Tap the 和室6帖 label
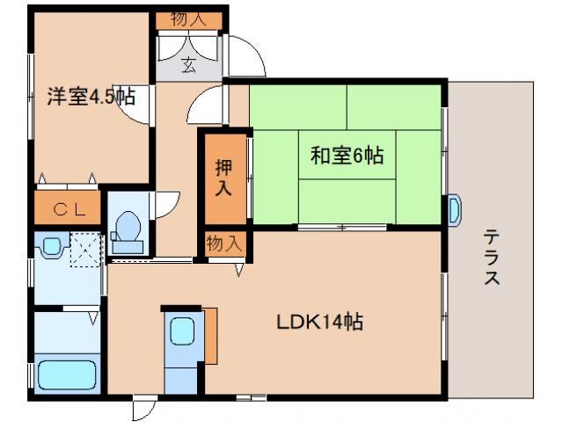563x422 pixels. point(347,156)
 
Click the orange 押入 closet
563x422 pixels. point(224,176)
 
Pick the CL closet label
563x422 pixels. point(67,209)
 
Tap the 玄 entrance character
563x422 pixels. point(189,63)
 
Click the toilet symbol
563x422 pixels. point(127,228)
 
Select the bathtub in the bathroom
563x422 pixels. point(66,373)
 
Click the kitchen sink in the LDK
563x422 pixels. point(183,332)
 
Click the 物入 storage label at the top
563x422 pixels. point(189,18)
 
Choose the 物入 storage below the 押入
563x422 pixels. point(224,244)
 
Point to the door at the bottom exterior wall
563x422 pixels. point(143,409)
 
